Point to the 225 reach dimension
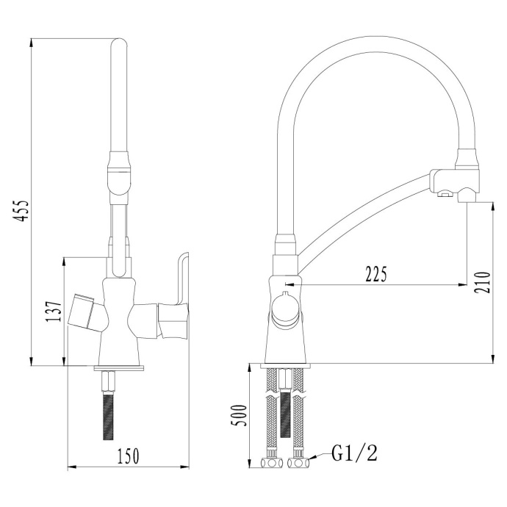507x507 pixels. click(x=376, y=274)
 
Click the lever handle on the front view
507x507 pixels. click(x=176, y=294)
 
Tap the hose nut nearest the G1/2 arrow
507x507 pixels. click(x=298, y=464)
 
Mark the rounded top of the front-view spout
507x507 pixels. click(x=121, y=48)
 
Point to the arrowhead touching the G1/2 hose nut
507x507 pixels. click(x=311, y=461)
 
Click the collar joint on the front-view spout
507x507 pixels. click(x=121, y=170)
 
